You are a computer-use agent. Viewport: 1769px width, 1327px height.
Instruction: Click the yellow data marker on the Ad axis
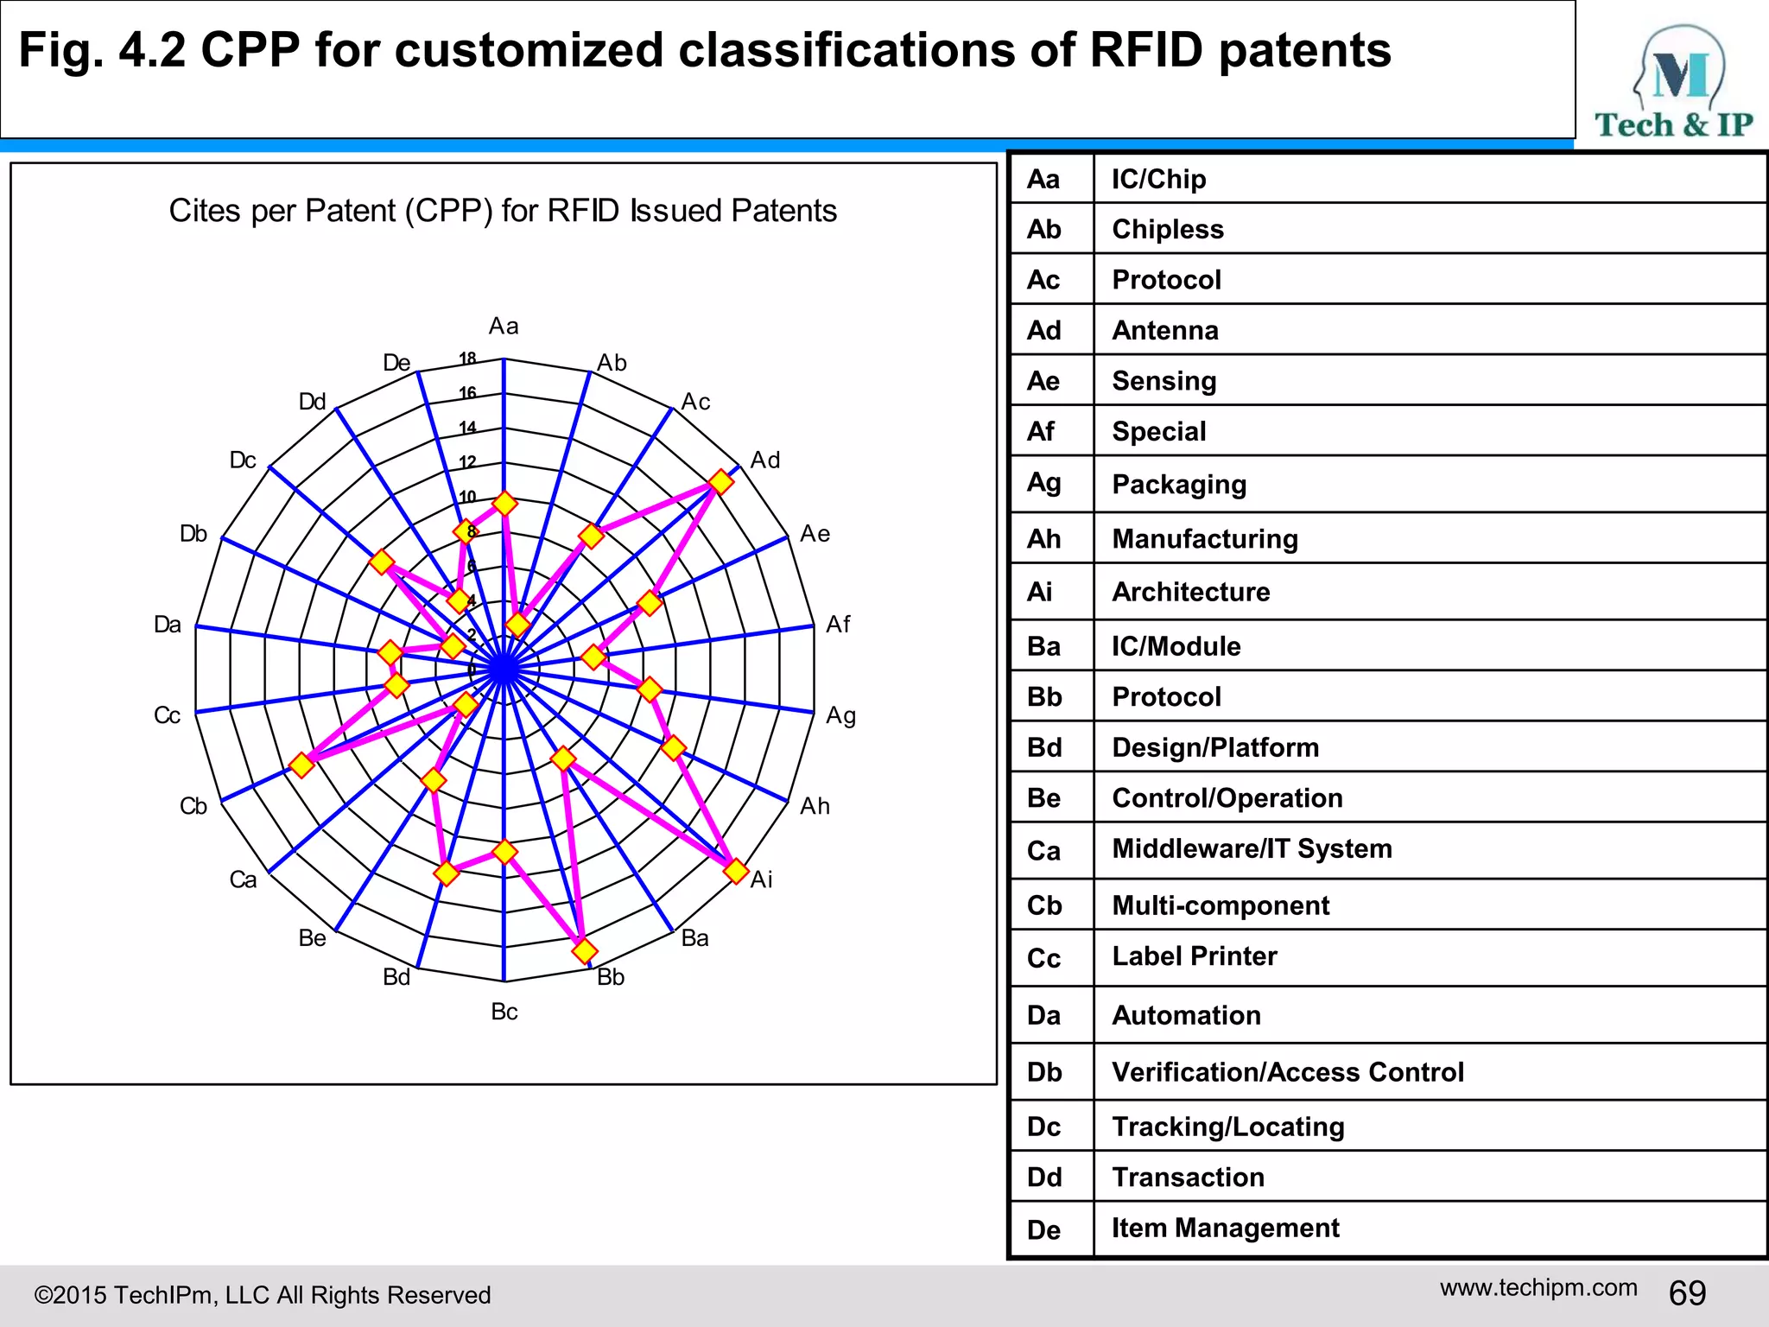720,481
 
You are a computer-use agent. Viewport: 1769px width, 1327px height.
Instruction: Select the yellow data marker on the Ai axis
735,871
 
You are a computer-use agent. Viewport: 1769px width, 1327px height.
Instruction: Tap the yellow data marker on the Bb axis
585,951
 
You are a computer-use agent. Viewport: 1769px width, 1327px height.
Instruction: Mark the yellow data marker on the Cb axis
301,765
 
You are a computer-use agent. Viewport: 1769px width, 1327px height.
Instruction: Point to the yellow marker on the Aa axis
504,503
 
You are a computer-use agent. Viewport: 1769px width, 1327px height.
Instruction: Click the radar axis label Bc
504,1012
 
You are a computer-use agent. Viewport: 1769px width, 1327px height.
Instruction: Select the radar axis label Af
838,624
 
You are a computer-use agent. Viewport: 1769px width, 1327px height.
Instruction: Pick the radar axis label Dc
243,460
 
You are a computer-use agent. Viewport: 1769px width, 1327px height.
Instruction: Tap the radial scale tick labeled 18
467,359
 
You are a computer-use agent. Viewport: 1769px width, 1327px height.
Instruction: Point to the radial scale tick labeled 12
467,462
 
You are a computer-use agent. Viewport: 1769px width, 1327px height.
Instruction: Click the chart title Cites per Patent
503,211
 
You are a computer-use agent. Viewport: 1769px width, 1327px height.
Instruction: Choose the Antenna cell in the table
1164,330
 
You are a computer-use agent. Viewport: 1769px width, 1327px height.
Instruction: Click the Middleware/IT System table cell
1252,848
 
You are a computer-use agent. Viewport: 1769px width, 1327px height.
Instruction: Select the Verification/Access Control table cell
1287,1072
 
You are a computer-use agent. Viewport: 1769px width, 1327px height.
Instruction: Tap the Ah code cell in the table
1043,539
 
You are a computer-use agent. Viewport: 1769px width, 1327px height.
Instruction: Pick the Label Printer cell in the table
1194,956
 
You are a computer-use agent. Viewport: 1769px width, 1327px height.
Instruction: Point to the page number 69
1687,1293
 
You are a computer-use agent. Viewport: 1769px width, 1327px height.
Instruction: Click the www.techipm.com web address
1538,1287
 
